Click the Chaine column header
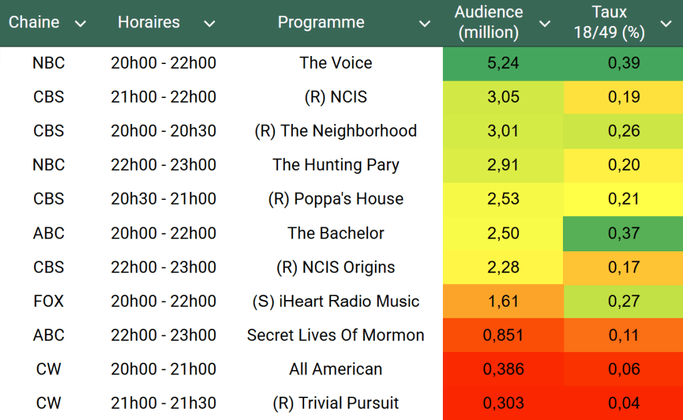34,23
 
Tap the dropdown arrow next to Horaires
209,24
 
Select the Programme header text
321,23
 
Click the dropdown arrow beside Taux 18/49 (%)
666,24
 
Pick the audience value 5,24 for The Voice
503,63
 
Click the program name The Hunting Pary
335,165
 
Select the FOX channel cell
49,301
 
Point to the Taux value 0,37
624,233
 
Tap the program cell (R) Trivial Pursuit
335,403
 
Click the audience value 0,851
503,335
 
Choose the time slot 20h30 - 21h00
163,199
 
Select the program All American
335,369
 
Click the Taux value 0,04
624,403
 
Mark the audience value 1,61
503,301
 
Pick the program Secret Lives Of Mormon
335,335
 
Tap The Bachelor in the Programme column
335,233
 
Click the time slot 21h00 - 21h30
163,403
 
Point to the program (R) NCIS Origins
335,267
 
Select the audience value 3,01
503,131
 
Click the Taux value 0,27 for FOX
624,301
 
